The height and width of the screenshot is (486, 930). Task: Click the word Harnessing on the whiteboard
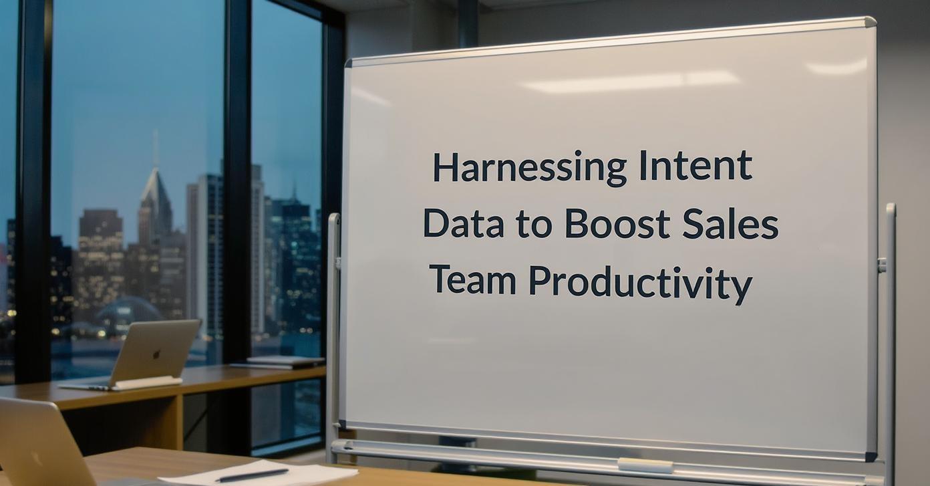[529, 168]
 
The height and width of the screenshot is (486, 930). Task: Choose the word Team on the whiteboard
[473, 280]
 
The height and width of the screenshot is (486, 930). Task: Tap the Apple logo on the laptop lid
[156, 354]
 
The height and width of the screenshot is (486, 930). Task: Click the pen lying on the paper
[252, 475]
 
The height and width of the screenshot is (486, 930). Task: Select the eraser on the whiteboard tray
[645, 465]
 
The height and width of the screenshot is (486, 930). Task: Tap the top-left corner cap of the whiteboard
[348, 63]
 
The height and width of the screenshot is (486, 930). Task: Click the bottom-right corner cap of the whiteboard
[871, 456]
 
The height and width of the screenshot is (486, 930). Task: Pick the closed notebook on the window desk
[287, 360]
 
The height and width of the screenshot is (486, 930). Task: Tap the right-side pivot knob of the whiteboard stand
[882, 265]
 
